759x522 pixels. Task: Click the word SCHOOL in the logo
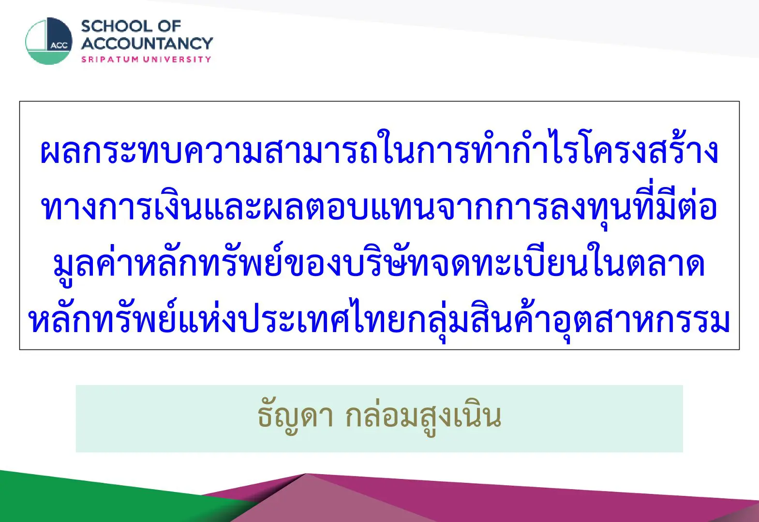(x=117, y=27)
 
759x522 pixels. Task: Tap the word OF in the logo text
(x=169, y=27)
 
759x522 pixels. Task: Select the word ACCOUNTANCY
(x=147, y=43)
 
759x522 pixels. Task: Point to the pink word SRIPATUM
(x=110, y=59)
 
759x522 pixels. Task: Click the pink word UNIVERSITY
(x=177, y=59)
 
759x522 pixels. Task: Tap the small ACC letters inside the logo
(x=59, y=46)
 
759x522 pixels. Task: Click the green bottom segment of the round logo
(x=48, y=58)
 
